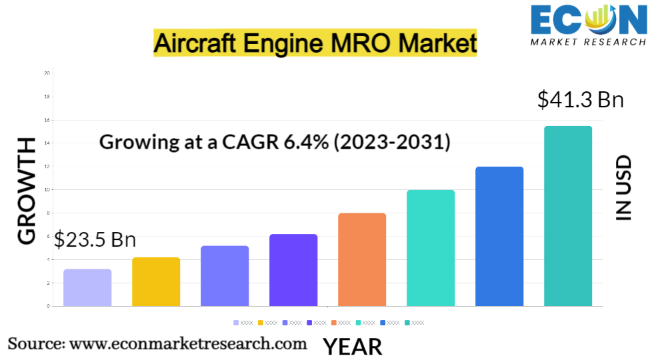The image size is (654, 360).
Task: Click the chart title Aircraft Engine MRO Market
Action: pos(315,43)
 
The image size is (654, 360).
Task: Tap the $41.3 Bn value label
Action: pos(580,100)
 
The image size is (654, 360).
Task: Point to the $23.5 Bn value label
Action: pos(95,239)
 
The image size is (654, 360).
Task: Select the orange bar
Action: pos(362,259)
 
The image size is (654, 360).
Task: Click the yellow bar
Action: pos(156,281)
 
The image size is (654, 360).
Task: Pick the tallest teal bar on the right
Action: pos(568,216)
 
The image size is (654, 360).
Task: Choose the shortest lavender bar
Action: pos(87,287)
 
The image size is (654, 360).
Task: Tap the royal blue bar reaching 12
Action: pos(499,236)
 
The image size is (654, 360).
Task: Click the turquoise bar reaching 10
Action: pos(431,248)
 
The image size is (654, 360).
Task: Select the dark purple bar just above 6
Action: pos(293,270)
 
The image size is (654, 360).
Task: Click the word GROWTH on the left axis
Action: pos(27,191)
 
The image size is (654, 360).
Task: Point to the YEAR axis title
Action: pos(353,347)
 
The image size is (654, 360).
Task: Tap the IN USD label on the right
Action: pos(623,188)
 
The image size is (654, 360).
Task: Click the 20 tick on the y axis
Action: pos(47,73)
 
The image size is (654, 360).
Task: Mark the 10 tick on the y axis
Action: pos(47,189)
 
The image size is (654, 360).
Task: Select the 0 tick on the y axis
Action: pos(48,306)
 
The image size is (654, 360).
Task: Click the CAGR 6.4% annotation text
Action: pos(275,142)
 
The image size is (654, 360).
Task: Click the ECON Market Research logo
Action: pos(588,25)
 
